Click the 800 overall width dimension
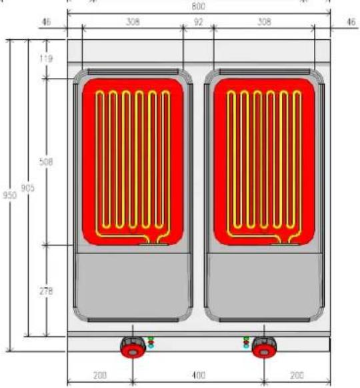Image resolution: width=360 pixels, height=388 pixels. (x=198, y=6)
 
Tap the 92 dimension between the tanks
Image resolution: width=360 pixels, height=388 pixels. (x=198, y=22)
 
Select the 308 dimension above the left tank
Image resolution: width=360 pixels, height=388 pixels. (x=133, y=22)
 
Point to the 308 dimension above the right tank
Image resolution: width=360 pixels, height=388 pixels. (x=264, y=22)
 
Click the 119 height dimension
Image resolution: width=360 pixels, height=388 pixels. (x=46, y=59)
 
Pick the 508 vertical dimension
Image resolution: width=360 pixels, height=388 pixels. (x=46, y=162)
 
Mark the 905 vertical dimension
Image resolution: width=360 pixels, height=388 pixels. (x=27, y=188)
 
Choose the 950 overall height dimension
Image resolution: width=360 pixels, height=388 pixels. (x=9, y=195)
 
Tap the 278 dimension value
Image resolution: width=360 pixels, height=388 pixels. (x=46, y=291)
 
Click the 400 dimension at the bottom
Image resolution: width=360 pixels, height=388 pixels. (x=199, y=375)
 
